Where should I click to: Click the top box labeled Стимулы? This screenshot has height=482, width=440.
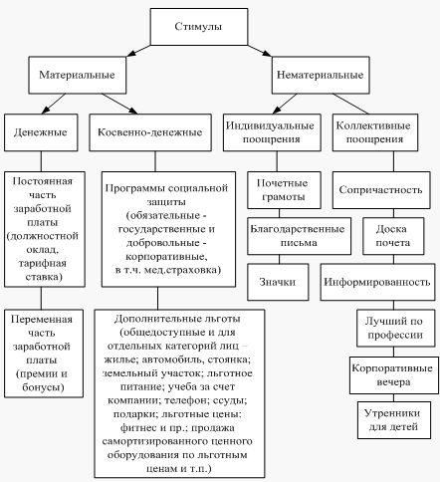(199, 27)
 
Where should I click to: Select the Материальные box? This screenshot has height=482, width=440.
(77, 75)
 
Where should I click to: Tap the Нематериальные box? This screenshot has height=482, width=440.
(321, 75)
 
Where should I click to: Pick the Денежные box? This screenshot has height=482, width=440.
(41, 132)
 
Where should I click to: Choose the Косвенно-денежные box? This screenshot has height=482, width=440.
(150, 132)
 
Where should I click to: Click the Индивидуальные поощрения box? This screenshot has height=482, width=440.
(272, 132)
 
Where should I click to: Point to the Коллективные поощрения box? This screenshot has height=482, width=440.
(375, 132)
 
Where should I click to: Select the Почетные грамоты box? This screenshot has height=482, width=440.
(284, 190)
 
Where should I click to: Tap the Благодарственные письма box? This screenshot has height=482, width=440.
(299, 236)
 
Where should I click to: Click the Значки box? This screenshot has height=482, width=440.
(278, 282)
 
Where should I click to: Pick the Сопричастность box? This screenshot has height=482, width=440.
(381, 190)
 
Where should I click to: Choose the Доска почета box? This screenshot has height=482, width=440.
(393, 236)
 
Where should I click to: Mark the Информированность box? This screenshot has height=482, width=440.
(377, 282)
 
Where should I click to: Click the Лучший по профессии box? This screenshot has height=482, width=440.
(396, 328)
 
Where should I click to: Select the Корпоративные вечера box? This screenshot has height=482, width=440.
(394, 375)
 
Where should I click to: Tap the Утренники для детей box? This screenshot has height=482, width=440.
(394, 420)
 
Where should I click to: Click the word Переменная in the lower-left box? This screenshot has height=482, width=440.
(42, 320)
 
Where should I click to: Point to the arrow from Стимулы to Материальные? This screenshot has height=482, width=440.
(138, 51)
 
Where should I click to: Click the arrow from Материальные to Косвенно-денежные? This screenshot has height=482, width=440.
(119, 104)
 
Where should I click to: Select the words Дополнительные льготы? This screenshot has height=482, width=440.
(177, 319)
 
